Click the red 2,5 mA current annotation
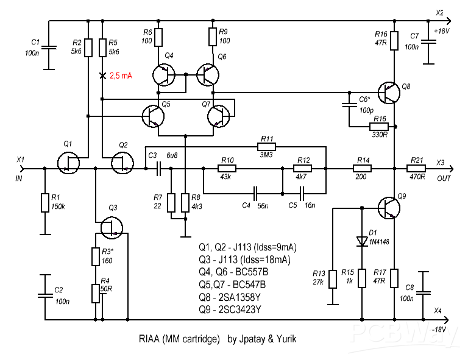121,76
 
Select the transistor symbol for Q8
389,93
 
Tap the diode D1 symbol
362,241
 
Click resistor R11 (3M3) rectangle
266,147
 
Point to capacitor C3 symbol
158,169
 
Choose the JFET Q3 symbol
112,228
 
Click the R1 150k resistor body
45,203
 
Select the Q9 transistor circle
389,208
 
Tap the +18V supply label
441,31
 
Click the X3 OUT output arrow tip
453,169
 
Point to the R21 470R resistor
416,169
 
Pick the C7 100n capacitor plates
428,41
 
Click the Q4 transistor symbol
163,74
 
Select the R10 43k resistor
227,169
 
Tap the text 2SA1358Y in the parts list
239,297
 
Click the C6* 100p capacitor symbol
349,105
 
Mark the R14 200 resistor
362,169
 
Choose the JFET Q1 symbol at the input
68,163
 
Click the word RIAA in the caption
149,339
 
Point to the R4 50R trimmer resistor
96,294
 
